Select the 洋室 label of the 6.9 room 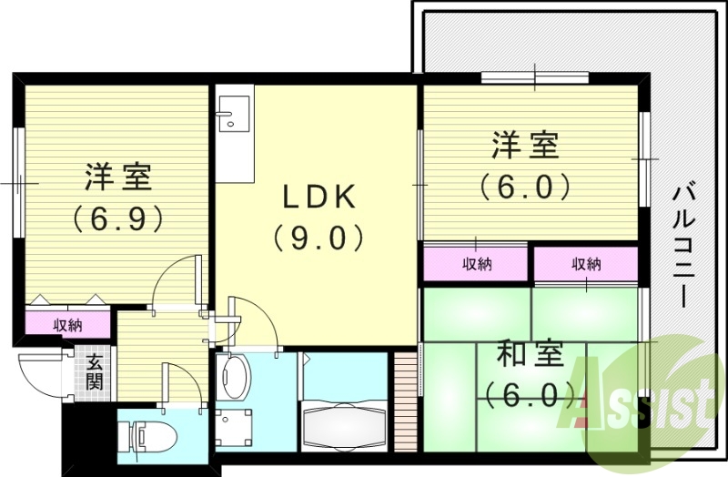pyautogui.click(x=119, y=175)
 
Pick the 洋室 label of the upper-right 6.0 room pyautogui.click(x=526, y=144)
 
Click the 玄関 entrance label pyautogui.click(x=94, y=371)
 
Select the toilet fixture pyautogui.click(x=146, y=436)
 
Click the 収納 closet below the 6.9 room pyautogui.click(x=67, y=324)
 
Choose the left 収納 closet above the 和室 pyautogui.click(x=476, y=265)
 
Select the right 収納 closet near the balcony pyautogui.click(x=586, y=265)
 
